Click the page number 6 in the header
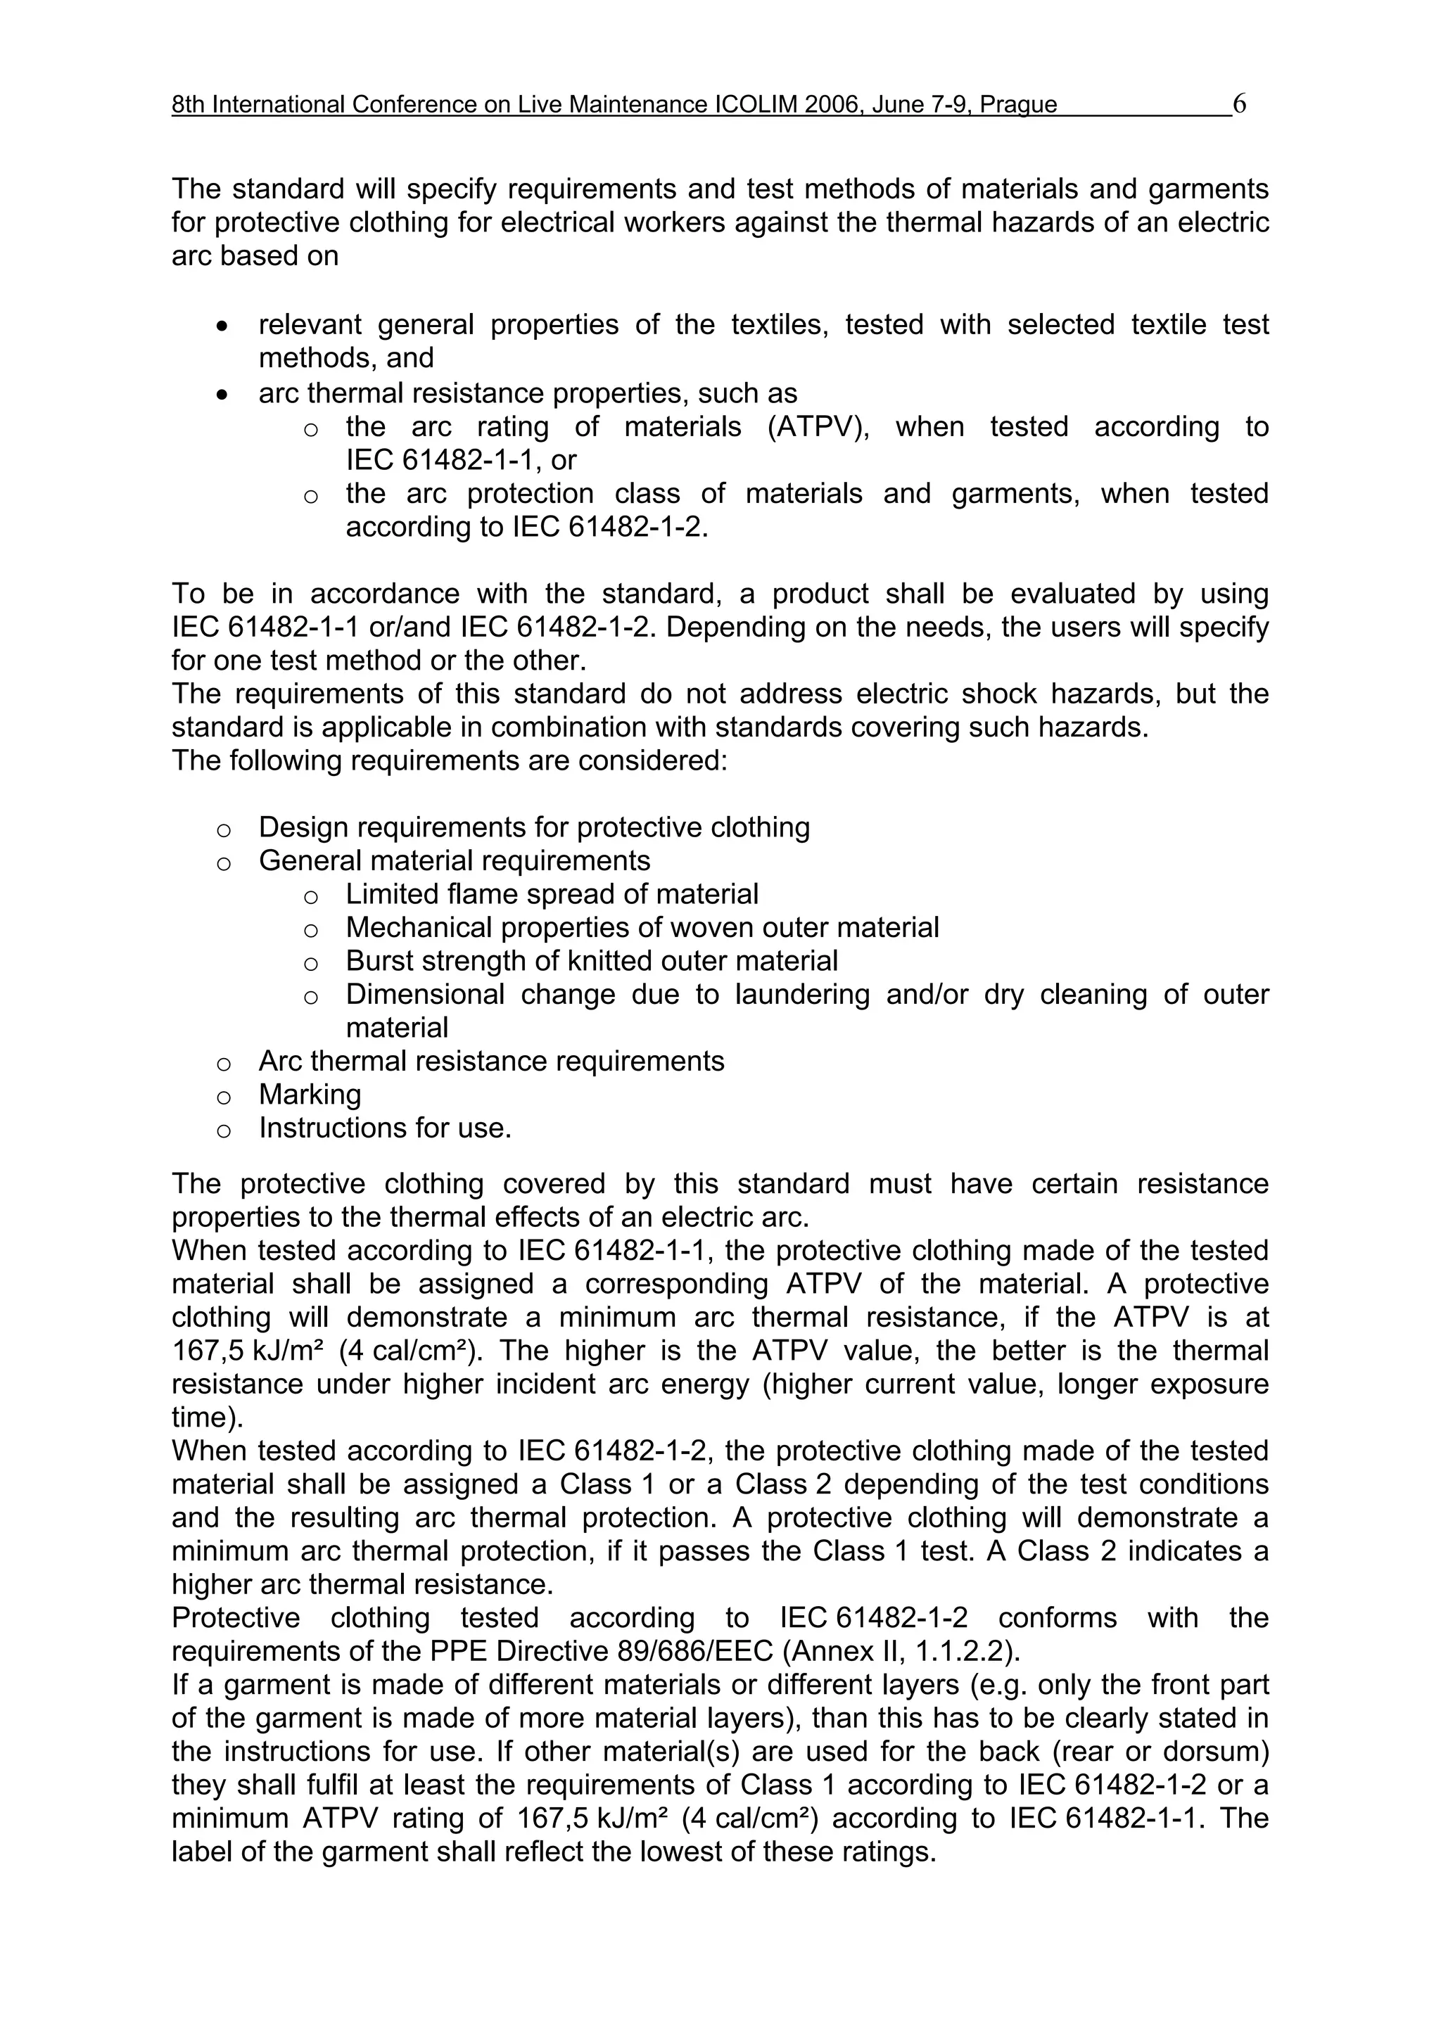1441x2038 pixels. pyautogui.click(x=1240, y=104)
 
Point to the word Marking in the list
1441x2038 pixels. pyautogui.click(x=310, y=1095)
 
